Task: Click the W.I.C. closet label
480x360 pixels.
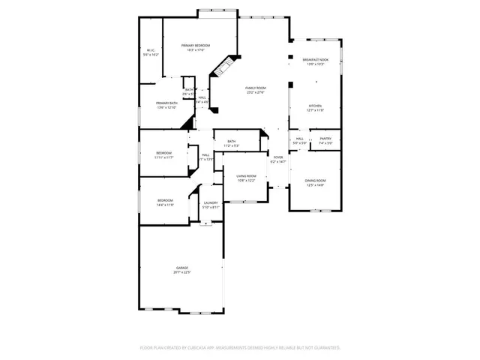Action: pyautogui.click(x=151, y=51)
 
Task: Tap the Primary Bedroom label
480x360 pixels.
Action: pyautogui.click(x=196, y=46)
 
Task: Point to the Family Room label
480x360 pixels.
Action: pyautogui.click(x=256, y=88)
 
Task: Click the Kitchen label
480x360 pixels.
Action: pyautogui.click(x=315, y=106)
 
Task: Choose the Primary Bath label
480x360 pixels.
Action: pyautogui.click(x=166, y=103)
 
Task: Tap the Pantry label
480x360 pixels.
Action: pyautogui.click(x=325, y=138)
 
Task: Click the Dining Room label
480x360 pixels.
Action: pyautogui.click(x=315, y=180)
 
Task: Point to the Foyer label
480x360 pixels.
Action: pyautogui.click(x=278, y=157)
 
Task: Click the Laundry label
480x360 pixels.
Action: pyautogui.click(x=211, y=202)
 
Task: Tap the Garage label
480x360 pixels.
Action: pyautogui.click(x=182, y=268)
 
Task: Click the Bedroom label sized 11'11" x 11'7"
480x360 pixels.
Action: pyautogui.click(x=163, y=153)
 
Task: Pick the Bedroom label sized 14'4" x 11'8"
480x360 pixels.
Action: pyautogui.click(x=165, y=200)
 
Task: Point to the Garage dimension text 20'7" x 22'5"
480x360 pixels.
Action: pyautogui.click(x=182, y=272)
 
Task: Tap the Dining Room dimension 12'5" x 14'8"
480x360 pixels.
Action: pyautogui.click(x=315, y=184)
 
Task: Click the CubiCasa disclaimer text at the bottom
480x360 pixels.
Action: pyautogui.click(x=240, y=348)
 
